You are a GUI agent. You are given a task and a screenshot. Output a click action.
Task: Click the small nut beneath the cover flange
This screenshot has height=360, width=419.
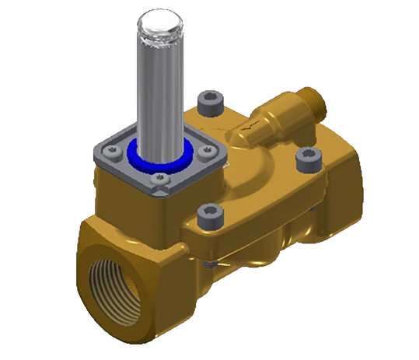pos(209,266)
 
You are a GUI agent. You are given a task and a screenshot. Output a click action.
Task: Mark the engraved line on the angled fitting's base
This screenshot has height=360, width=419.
pos(249,129)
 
